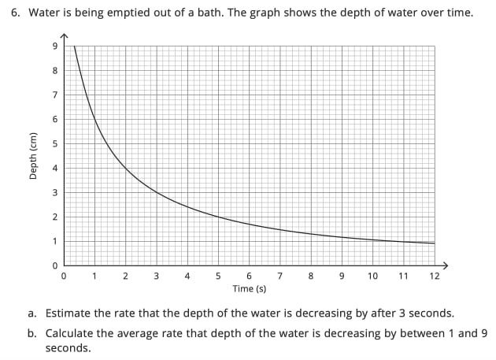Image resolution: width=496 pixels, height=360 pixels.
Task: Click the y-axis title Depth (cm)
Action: coord(33,156)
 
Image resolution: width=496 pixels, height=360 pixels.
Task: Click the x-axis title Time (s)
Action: coord(249,289)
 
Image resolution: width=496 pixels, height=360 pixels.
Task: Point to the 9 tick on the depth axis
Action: coord(55,46)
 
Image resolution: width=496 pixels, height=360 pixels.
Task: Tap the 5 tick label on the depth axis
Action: coord(55,143)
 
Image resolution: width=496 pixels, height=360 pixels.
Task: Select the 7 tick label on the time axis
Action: coord(279,276)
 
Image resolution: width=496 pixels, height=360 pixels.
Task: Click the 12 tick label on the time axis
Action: coord(435,276)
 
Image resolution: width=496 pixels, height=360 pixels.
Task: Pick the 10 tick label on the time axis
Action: coord(372,276)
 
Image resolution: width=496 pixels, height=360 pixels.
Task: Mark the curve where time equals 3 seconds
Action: coord(156,192)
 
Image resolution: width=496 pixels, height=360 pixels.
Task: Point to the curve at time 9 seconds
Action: coord(342,237)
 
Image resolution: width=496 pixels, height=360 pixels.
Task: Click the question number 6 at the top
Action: coord(14,13)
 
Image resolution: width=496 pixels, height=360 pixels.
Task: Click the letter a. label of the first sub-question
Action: coord(32,313)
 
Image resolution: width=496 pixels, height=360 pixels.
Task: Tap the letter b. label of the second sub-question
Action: coord(32,332)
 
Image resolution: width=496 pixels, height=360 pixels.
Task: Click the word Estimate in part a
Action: coord(68,313)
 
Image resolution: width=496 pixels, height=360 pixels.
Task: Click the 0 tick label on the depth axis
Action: coord(55,265)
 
